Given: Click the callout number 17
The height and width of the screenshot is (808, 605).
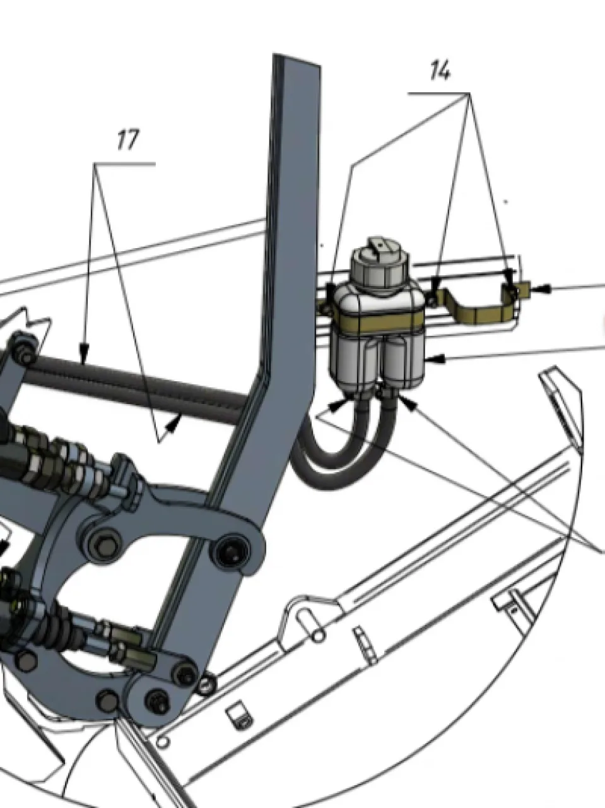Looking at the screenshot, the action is click(x=128, y=140).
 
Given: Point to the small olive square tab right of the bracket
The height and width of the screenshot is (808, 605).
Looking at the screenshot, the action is click(x=524, y=290).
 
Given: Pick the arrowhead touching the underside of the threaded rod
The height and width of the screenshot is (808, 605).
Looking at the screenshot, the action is click(x=173, y=424).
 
